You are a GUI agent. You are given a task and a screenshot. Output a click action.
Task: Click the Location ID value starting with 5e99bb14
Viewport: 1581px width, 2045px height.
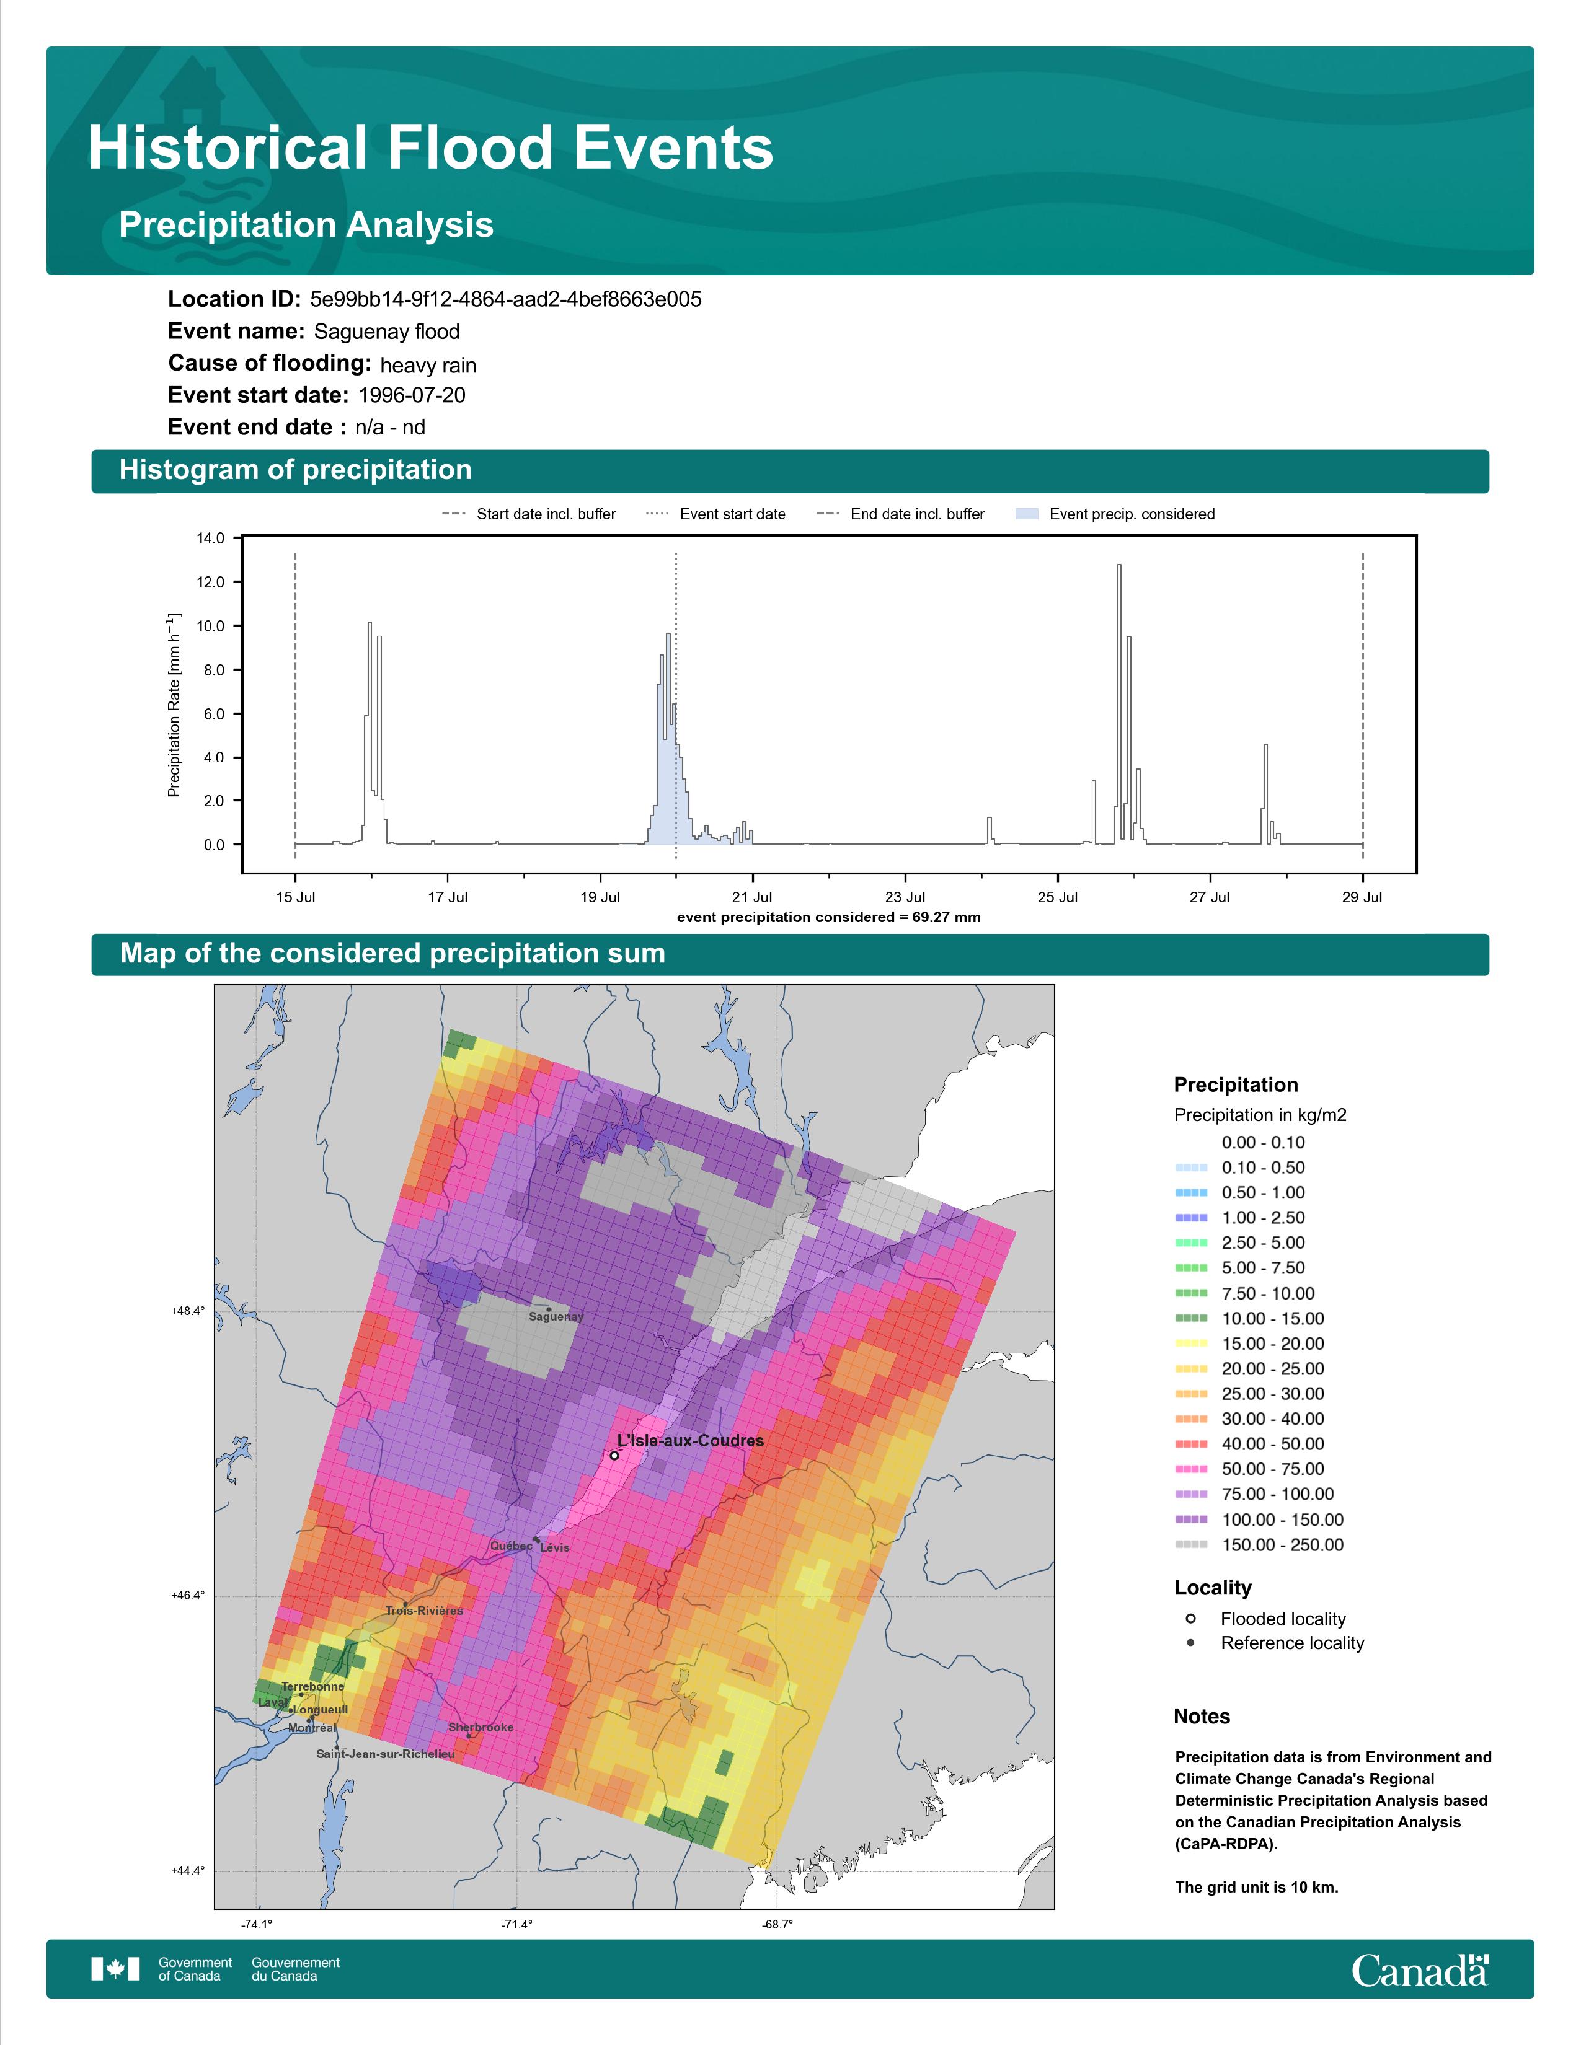506,300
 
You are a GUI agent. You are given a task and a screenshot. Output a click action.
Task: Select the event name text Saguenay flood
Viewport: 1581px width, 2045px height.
387,332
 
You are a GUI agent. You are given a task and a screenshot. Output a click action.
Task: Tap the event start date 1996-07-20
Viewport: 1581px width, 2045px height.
412,395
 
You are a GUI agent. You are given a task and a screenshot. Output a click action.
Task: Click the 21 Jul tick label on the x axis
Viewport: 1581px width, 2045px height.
752,897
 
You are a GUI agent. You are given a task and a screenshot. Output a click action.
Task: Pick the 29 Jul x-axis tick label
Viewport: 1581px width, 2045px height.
1362,897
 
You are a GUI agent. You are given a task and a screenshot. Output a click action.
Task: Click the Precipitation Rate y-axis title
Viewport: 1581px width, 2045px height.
174,705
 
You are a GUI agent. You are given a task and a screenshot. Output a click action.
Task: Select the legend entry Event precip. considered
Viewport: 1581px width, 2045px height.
1115,514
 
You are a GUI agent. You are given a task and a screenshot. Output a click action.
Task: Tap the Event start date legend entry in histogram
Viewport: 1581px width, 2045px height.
715,514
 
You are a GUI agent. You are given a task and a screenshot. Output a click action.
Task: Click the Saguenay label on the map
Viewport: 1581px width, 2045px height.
556,1316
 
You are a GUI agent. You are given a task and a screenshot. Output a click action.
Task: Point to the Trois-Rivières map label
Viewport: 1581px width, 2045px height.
424,1611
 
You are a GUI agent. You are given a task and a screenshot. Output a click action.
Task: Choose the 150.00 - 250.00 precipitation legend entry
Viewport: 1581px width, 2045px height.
1260,1545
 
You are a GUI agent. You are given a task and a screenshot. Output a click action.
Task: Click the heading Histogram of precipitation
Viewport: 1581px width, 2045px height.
295,470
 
